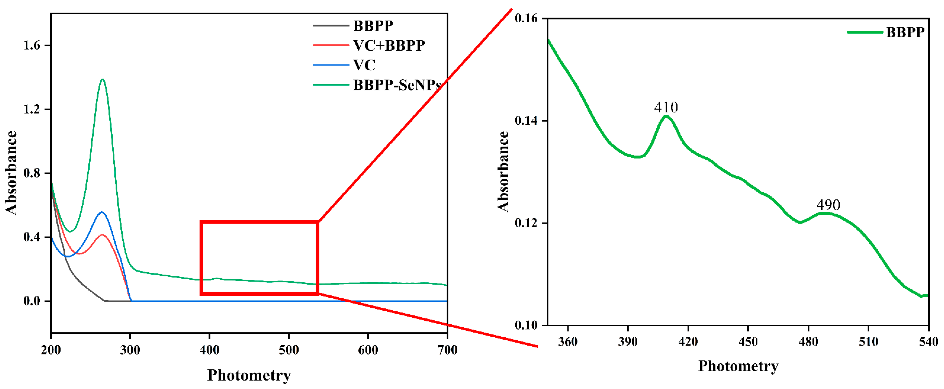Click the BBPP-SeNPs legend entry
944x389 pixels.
[397, 85]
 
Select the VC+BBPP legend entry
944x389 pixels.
[389, 45]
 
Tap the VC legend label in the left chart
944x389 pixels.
[364, 65]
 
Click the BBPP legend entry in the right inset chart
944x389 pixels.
[905, 32]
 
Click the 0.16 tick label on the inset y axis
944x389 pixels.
[526, 18]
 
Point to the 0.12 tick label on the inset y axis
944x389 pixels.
[526, 223]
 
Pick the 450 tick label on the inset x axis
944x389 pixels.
[748, 342]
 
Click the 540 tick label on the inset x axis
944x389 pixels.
[928, 342]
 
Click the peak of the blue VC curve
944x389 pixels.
[102, 212]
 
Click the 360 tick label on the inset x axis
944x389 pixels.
[568, 342]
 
